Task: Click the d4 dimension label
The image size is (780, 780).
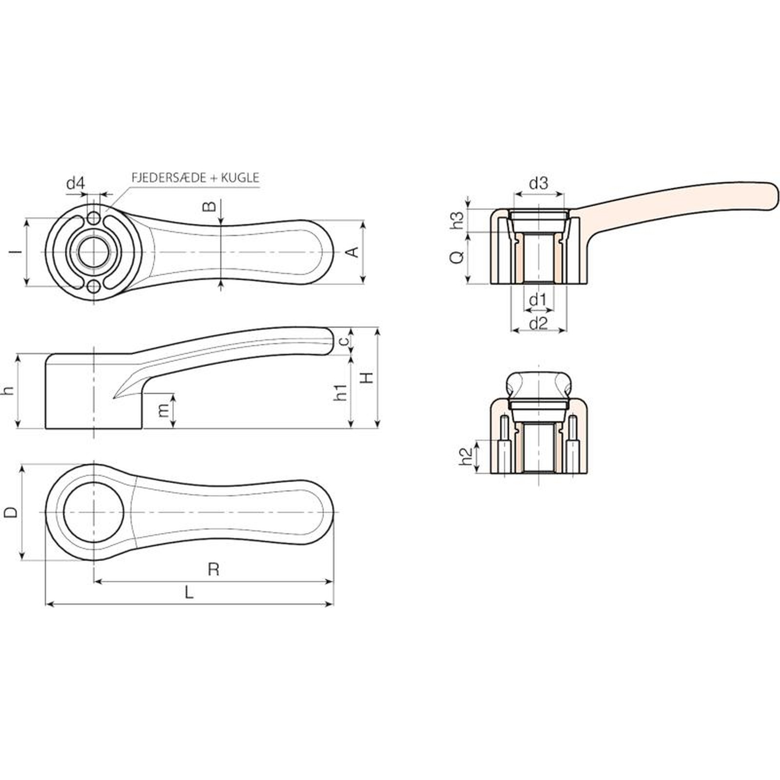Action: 76,184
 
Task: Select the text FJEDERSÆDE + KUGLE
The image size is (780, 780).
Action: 195,178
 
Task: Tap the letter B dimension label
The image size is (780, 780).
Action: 209,206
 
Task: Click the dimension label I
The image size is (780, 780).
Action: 18,252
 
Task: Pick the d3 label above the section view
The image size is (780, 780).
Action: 538,184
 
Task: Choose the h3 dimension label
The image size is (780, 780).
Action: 457,220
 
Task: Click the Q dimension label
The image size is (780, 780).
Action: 457,257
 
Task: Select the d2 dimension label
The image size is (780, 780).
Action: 538,323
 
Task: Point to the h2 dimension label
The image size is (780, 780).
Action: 467,456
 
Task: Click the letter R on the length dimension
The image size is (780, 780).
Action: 213,569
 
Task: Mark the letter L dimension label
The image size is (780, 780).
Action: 189,592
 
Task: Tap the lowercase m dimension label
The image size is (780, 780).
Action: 164,410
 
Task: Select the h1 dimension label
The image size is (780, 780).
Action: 341,392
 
